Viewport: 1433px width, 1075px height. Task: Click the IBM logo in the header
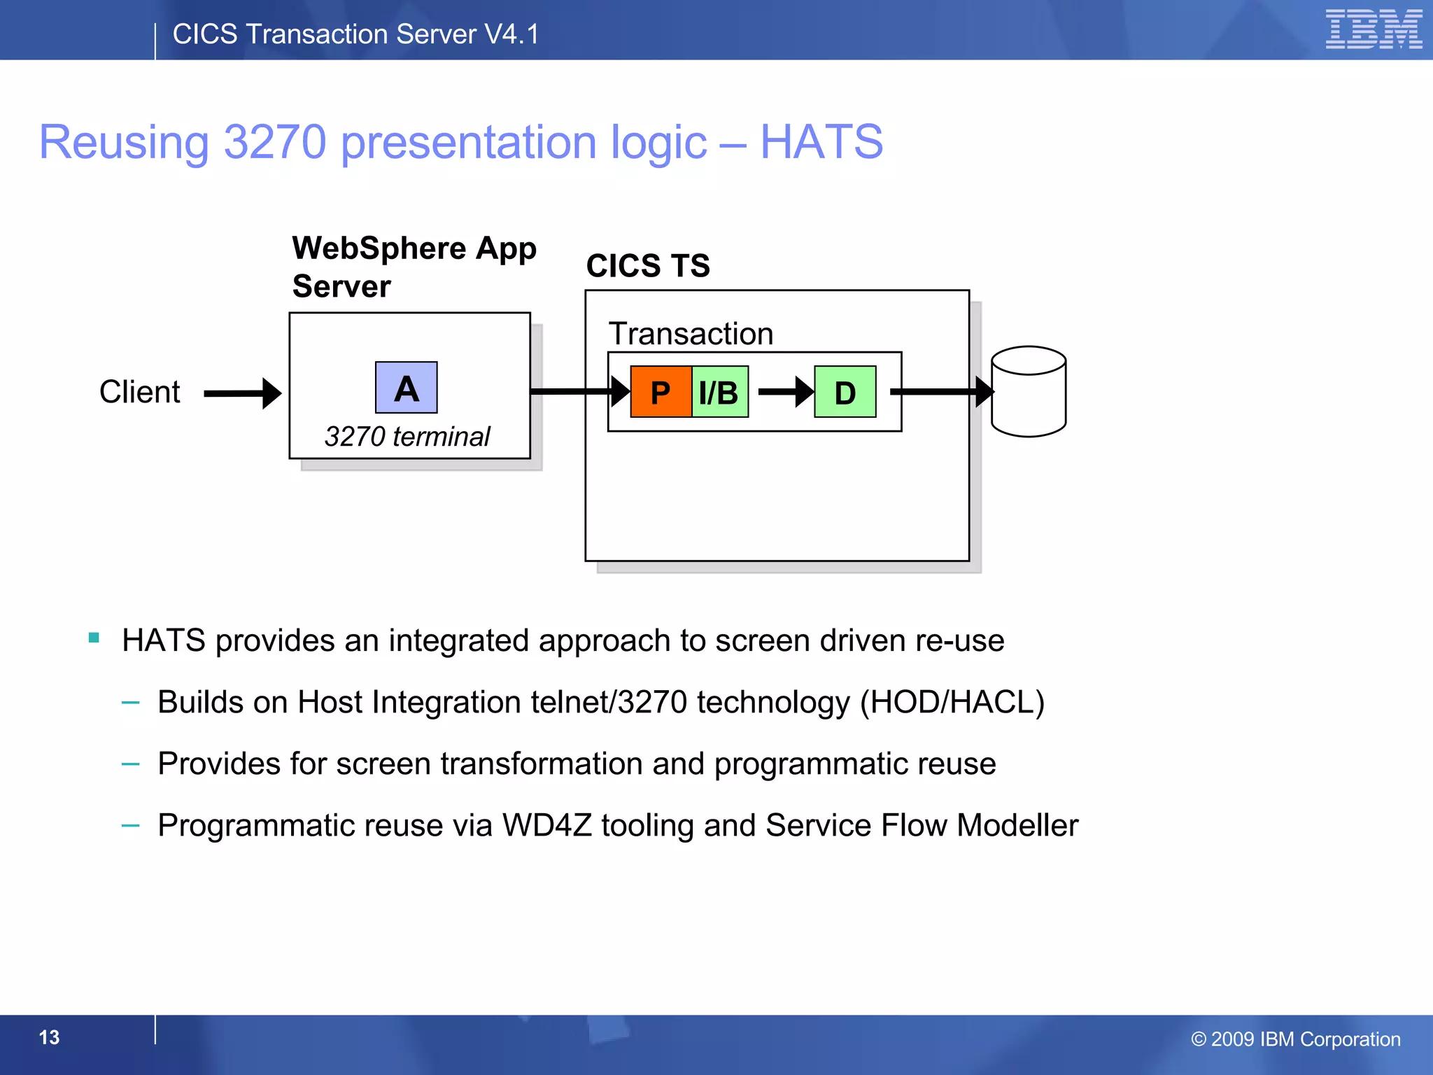click(1374, 29)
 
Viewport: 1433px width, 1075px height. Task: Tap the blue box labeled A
click(406, 388)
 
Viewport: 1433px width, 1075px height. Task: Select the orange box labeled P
click(661, 392)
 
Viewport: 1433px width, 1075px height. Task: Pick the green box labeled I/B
click(719, 392)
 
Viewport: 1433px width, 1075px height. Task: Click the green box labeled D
click(845, 392)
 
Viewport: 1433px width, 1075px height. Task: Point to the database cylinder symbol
click(1029, 392)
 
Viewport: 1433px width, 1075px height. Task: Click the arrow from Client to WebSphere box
click(242, 393)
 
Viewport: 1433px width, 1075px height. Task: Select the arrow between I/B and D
click(785, 392)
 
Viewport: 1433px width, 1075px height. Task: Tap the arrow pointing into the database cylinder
click(942, 392)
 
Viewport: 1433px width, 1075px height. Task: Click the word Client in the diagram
click(139, 392)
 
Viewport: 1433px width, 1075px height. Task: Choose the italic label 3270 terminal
click(407, 437)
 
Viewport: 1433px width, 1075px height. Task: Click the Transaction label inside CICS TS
click(691, 334)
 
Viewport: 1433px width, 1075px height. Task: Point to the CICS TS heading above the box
click(648, 266)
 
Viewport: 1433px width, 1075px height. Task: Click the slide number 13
click(49, 1037)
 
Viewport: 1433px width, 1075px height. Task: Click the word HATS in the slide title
click(821, 142)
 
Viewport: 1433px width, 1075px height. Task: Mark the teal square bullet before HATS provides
click(94, 638)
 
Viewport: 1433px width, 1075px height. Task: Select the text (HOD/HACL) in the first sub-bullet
click(952, 702)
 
